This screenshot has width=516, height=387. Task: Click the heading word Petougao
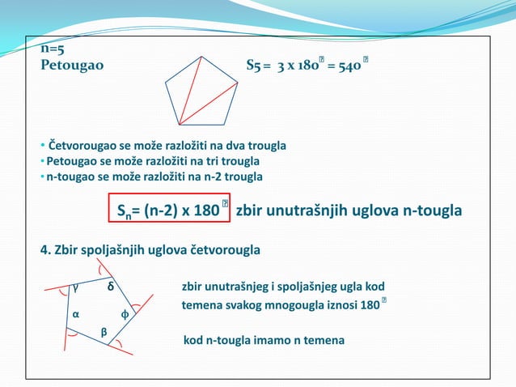pyautogui.click(x=72, y=65)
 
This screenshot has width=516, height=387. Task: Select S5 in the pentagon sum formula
pyautogui.click(x=253, y=65)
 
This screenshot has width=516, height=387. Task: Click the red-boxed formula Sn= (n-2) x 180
pyautogui.click(x=169, y=211)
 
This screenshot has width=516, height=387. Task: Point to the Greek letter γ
pyautogui.click(x=75, y=286)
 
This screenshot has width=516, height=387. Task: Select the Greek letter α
pyautogui.click(x=76, y=313)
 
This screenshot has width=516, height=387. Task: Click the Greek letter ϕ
pyautogui.click(x=125, y=313)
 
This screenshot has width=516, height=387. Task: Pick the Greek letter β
pyautogui.click(x=104, y=332)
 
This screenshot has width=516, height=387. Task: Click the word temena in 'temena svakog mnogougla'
pyautogui.click(x=202, y=305)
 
